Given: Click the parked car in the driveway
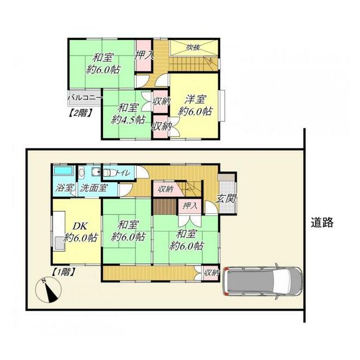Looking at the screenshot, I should click(x=262, y=280).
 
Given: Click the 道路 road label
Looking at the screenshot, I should click(x=322, y=222).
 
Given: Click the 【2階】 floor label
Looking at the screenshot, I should click(x=80, y=112).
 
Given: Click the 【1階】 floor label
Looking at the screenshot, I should click(x=64, y=271).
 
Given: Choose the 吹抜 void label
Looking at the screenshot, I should click(x=193, y=47).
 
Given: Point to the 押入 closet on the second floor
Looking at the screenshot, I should click(x=145, y=55).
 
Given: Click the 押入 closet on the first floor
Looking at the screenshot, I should click(x=190, y=206).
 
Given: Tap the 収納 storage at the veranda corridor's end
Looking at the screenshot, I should click(x=211, y=273).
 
